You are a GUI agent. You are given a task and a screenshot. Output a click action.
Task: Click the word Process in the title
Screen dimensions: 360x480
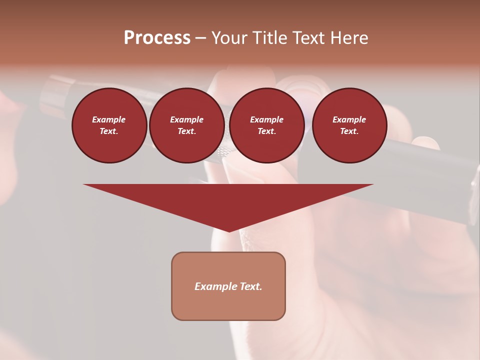(x=157, y=38)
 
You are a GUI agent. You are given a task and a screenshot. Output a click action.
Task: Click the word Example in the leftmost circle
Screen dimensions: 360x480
(x=109, y=119)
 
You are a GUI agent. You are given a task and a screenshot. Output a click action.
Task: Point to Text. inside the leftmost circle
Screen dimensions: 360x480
(x=109, y=131)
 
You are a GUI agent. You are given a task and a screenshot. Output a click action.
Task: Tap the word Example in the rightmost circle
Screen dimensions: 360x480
(x=349, y=119)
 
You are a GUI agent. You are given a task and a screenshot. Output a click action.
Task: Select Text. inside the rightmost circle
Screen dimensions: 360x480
(x=349, y=131)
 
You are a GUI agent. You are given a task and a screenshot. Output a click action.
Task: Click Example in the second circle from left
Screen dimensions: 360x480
(x=186, y=119)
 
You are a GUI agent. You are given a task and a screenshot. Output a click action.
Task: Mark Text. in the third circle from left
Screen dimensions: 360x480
(x=266, y=131)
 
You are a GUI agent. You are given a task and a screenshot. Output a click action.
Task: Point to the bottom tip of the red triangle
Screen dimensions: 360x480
(x=228, y=230)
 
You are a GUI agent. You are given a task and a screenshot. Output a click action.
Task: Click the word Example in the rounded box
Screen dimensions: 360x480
(x=216, y=286)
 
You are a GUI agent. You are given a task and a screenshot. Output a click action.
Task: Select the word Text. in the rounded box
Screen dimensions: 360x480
(x=251, y=286)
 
